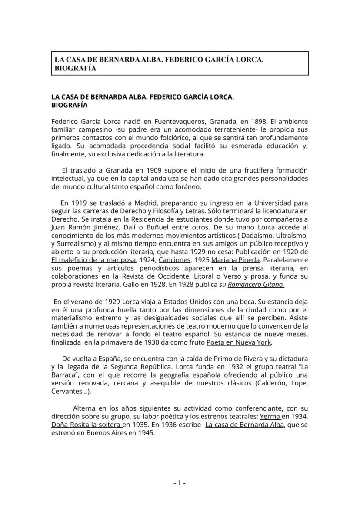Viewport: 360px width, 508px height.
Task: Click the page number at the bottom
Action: (x=180, y=483)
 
